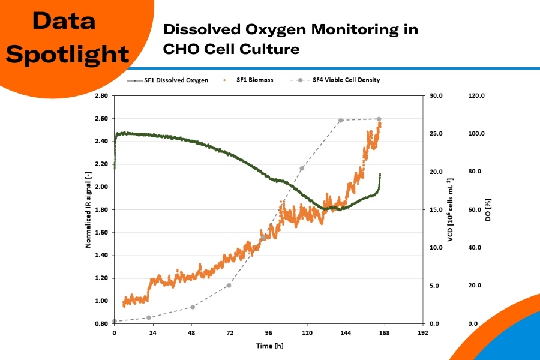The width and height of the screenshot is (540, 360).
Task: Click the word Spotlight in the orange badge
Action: (71, 55)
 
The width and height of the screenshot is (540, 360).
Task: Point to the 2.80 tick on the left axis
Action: (100, 96)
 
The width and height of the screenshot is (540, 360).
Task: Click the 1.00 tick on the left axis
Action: (100, 301)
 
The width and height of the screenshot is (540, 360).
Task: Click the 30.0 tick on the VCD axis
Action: (436, 96)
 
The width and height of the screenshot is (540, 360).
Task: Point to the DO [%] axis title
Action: (489, 209)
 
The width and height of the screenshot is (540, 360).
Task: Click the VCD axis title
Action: (451, 209)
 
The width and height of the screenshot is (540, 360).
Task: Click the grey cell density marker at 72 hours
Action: (229, 285)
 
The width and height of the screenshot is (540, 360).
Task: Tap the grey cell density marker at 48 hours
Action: (193, 307)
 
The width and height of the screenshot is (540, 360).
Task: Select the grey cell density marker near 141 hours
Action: (341, 121)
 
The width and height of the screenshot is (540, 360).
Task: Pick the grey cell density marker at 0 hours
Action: (115, 322)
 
